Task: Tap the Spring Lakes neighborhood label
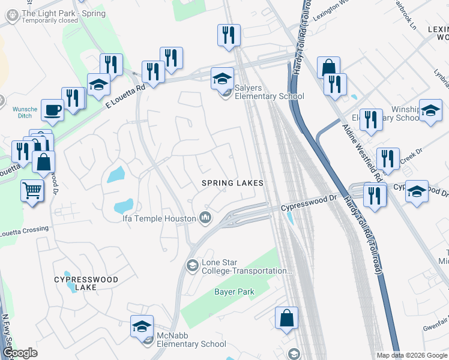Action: click(233, 182)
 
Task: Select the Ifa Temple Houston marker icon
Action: click(205, 218)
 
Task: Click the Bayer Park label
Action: click(234, 292)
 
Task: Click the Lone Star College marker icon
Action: click(192, 265)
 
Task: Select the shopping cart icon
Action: click(32, 191)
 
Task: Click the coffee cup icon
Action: click(52, 110)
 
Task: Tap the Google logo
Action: click(19, 353)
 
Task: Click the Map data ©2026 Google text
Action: click(412, 355)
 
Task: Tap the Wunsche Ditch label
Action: click(25, 112)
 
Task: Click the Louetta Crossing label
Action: click(24, 229)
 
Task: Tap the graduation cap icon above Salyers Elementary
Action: click(222, 78)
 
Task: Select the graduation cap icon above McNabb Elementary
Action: click(142, 326)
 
